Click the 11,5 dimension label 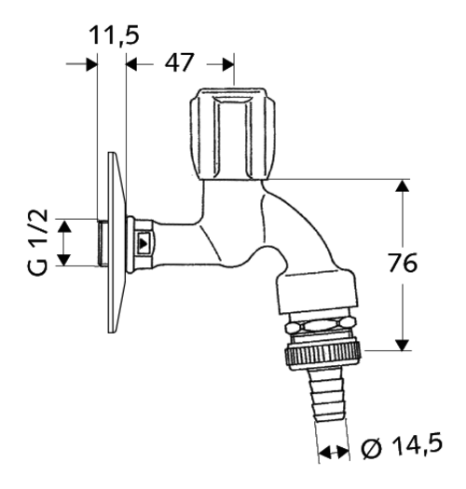pyautogui.click(x=114, y=35)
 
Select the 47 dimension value pyautogui.click(x=180, y=62)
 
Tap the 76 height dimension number pyautogui.click(x=403, y=263)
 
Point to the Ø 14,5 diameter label pyautogui.click(x=402, y=448)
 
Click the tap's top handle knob pyautogui.click(x=233, y=134)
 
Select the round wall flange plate pyautogui.click(x=117, y=242)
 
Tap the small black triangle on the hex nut pyautogui.click(x=144, y=243)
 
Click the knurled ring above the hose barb pyautogui.click(x=322, y=356)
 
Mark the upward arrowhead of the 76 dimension pyautogui.click(x=403, y=185)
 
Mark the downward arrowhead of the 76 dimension pyautogui.click(x=403, y=345)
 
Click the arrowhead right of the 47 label pyautogui.click(x=228, y=64)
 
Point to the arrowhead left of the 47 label pyautogui.click(x=131, y=64)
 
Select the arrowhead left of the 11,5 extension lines pyautogui.click(x=91, y=64)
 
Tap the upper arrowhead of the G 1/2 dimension pyautogui.click(x=64, y=225)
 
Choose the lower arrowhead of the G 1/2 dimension pyautogui.click(x=64, y=260)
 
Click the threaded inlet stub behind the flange pyautogui.click(x=103, y=243)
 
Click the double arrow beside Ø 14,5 pyautogui.click(x=334, y=452)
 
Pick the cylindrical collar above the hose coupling pyautogui.click(x=317, y=292)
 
